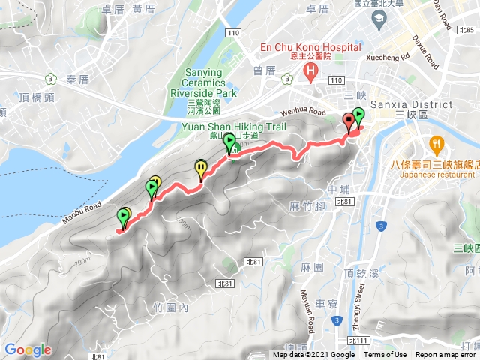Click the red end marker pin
(349, 122)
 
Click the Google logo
(28, 349)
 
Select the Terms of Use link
(385, 355)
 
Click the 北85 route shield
(468, 29)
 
